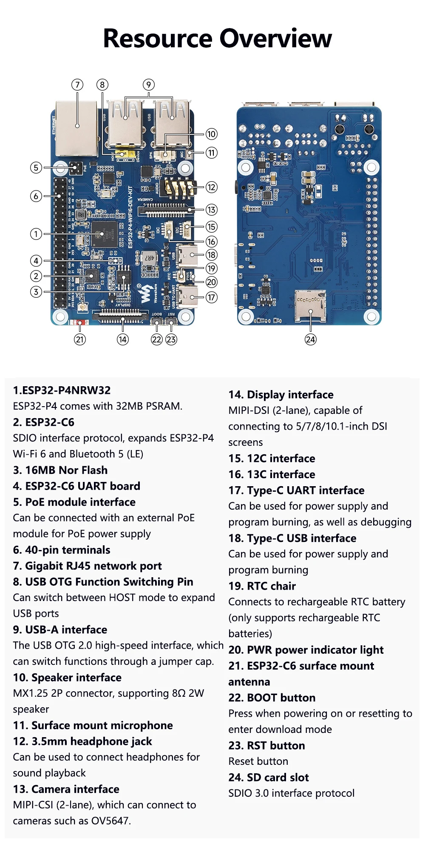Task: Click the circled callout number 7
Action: click(77, 85)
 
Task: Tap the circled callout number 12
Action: click(211, 187)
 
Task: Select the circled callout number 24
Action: click(311, 339)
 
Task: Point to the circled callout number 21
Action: click(80, 339)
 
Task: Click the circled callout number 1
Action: click(36, 234)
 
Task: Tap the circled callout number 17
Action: click(211, 297)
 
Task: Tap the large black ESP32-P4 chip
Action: click(104, 234)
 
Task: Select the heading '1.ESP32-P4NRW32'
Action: click(62, 390)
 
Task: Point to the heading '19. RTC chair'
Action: click(262, 586)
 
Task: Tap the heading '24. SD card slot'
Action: click(269, 778)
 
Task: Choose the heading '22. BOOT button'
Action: click(272, 698)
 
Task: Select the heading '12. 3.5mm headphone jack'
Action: click(82, 741)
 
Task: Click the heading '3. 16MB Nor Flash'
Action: click(60, 470)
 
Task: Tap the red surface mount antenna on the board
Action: click(80, 322)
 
